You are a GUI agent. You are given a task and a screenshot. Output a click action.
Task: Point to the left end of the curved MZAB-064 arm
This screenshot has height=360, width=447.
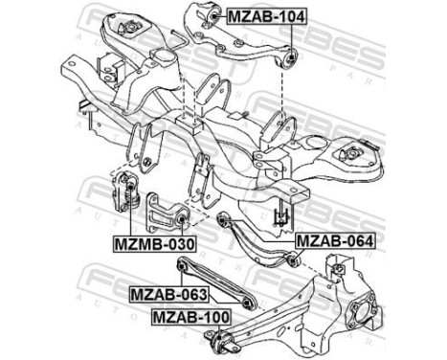coord(221,219)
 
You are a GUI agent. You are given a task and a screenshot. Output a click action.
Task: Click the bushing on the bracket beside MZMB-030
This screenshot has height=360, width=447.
coord(180,222)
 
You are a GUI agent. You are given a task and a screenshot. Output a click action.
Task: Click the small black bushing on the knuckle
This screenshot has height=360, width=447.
coord(336,276)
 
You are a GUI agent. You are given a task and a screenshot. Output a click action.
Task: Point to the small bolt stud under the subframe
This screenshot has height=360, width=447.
coord(282,215)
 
